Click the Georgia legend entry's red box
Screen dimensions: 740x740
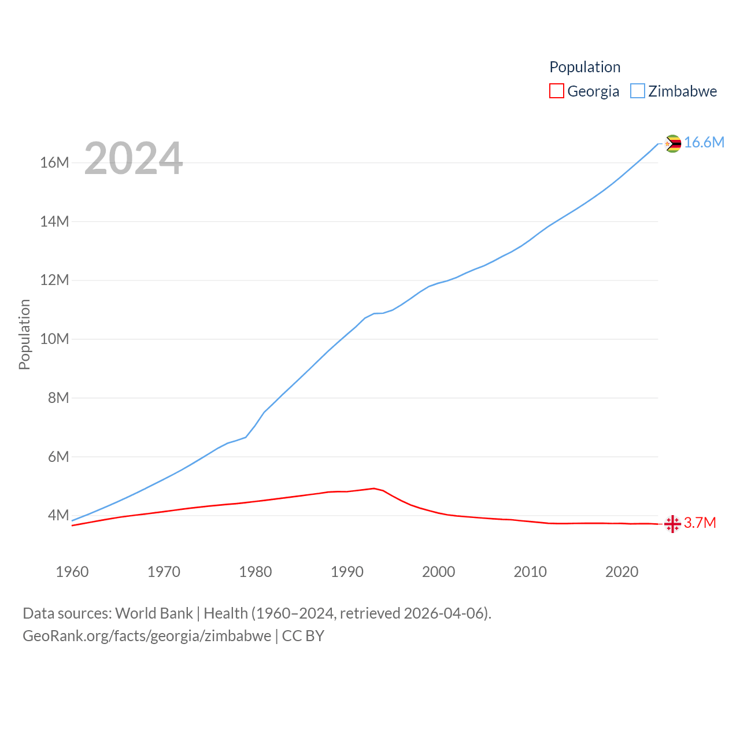(556, 91)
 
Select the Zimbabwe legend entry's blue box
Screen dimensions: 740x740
(637, 91)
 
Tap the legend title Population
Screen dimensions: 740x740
(584, 67)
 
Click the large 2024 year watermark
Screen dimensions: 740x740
(134, 158)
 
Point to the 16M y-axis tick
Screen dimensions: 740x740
(54, 162)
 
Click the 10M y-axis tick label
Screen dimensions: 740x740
(54, 339)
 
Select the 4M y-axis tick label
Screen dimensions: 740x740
(58, 515)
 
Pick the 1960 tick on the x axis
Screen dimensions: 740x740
(72, 572)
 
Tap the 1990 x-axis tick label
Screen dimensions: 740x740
(347, 572)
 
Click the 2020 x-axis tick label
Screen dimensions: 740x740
(621, 572)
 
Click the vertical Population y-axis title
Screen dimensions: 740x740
(24, 334)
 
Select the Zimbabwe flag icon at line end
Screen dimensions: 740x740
(672, 143)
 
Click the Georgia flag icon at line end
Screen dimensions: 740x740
(672, 524)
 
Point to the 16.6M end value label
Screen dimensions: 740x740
(704, 143)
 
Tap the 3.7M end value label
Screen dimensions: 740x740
(700, 523)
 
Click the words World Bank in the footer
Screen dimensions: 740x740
(154, 613)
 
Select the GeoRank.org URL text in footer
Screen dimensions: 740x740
(147, 636)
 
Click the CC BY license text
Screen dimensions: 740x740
(303, 636)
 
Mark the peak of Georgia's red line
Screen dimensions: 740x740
(374, 489)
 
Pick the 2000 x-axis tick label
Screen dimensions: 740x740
(438, 572)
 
